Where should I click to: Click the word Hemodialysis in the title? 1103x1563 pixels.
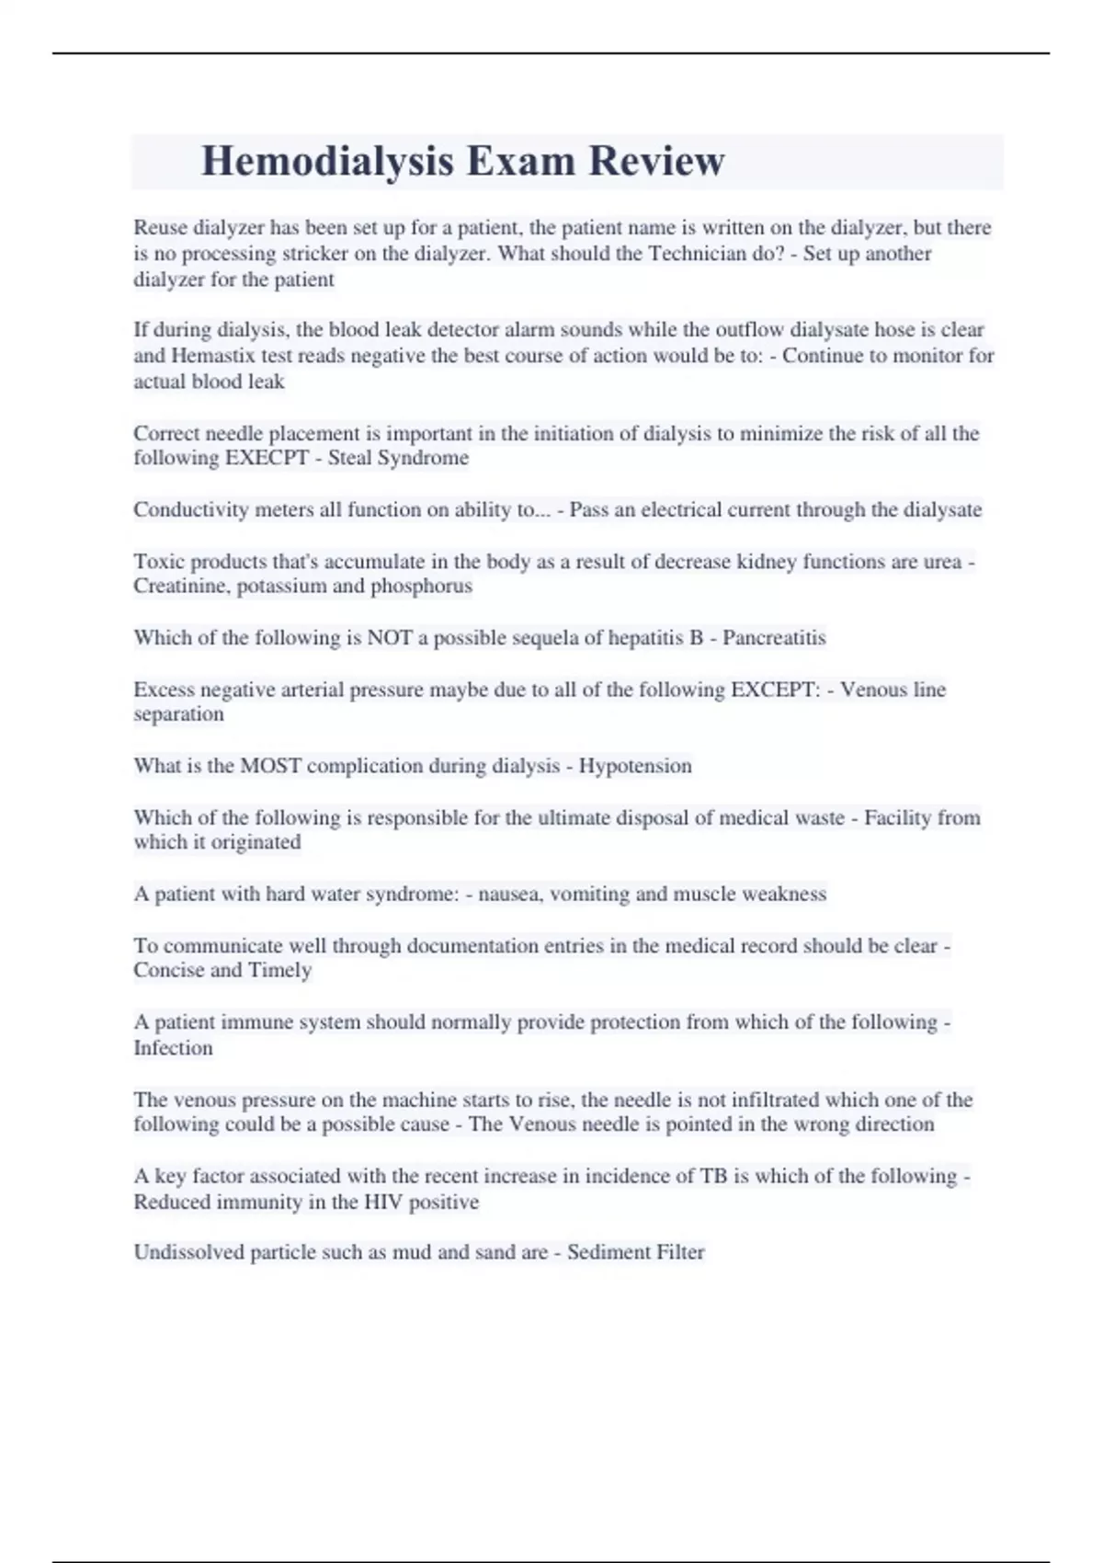click(x=327, y=161)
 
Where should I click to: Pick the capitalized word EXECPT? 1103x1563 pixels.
click(x=267, y=458)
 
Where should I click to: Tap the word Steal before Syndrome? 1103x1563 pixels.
click(x=350, y=458)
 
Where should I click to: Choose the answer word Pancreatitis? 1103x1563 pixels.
click(x=774, y=638)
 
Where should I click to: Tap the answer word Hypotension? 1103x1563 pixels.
click(x=635, y=766)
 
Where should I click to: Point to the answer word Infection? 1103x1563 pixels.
click(x=173, y=1048)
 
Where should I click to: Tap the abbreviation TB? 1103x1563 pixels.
click(x=713, y=1176)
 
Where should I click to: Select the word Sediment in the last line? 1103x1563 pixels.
click(x=605, y=1252)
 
